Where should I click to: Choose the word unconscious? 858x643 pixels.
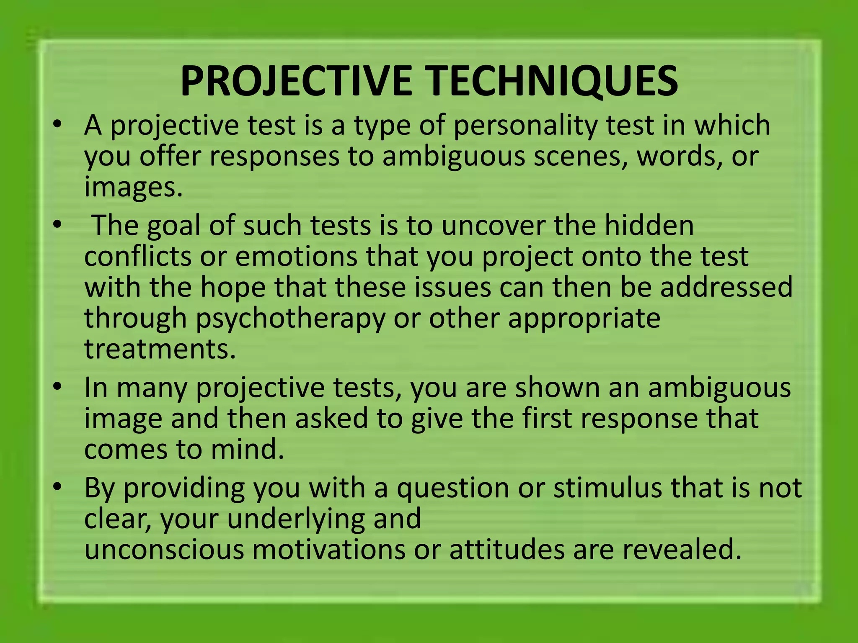(x=164, y=550)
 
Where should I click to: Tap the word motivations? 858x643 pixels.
(x=328, y=550)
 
